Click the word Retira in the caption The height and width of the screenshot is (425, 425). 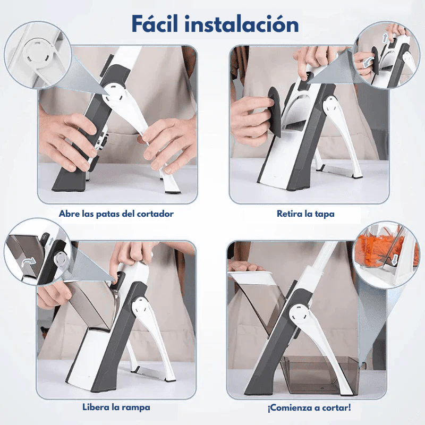click(290, 214)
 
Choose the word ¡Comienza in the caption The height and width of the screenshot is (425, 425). click(288, 408)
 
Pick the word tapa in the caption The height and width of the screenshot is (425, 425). click(324, 214)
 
